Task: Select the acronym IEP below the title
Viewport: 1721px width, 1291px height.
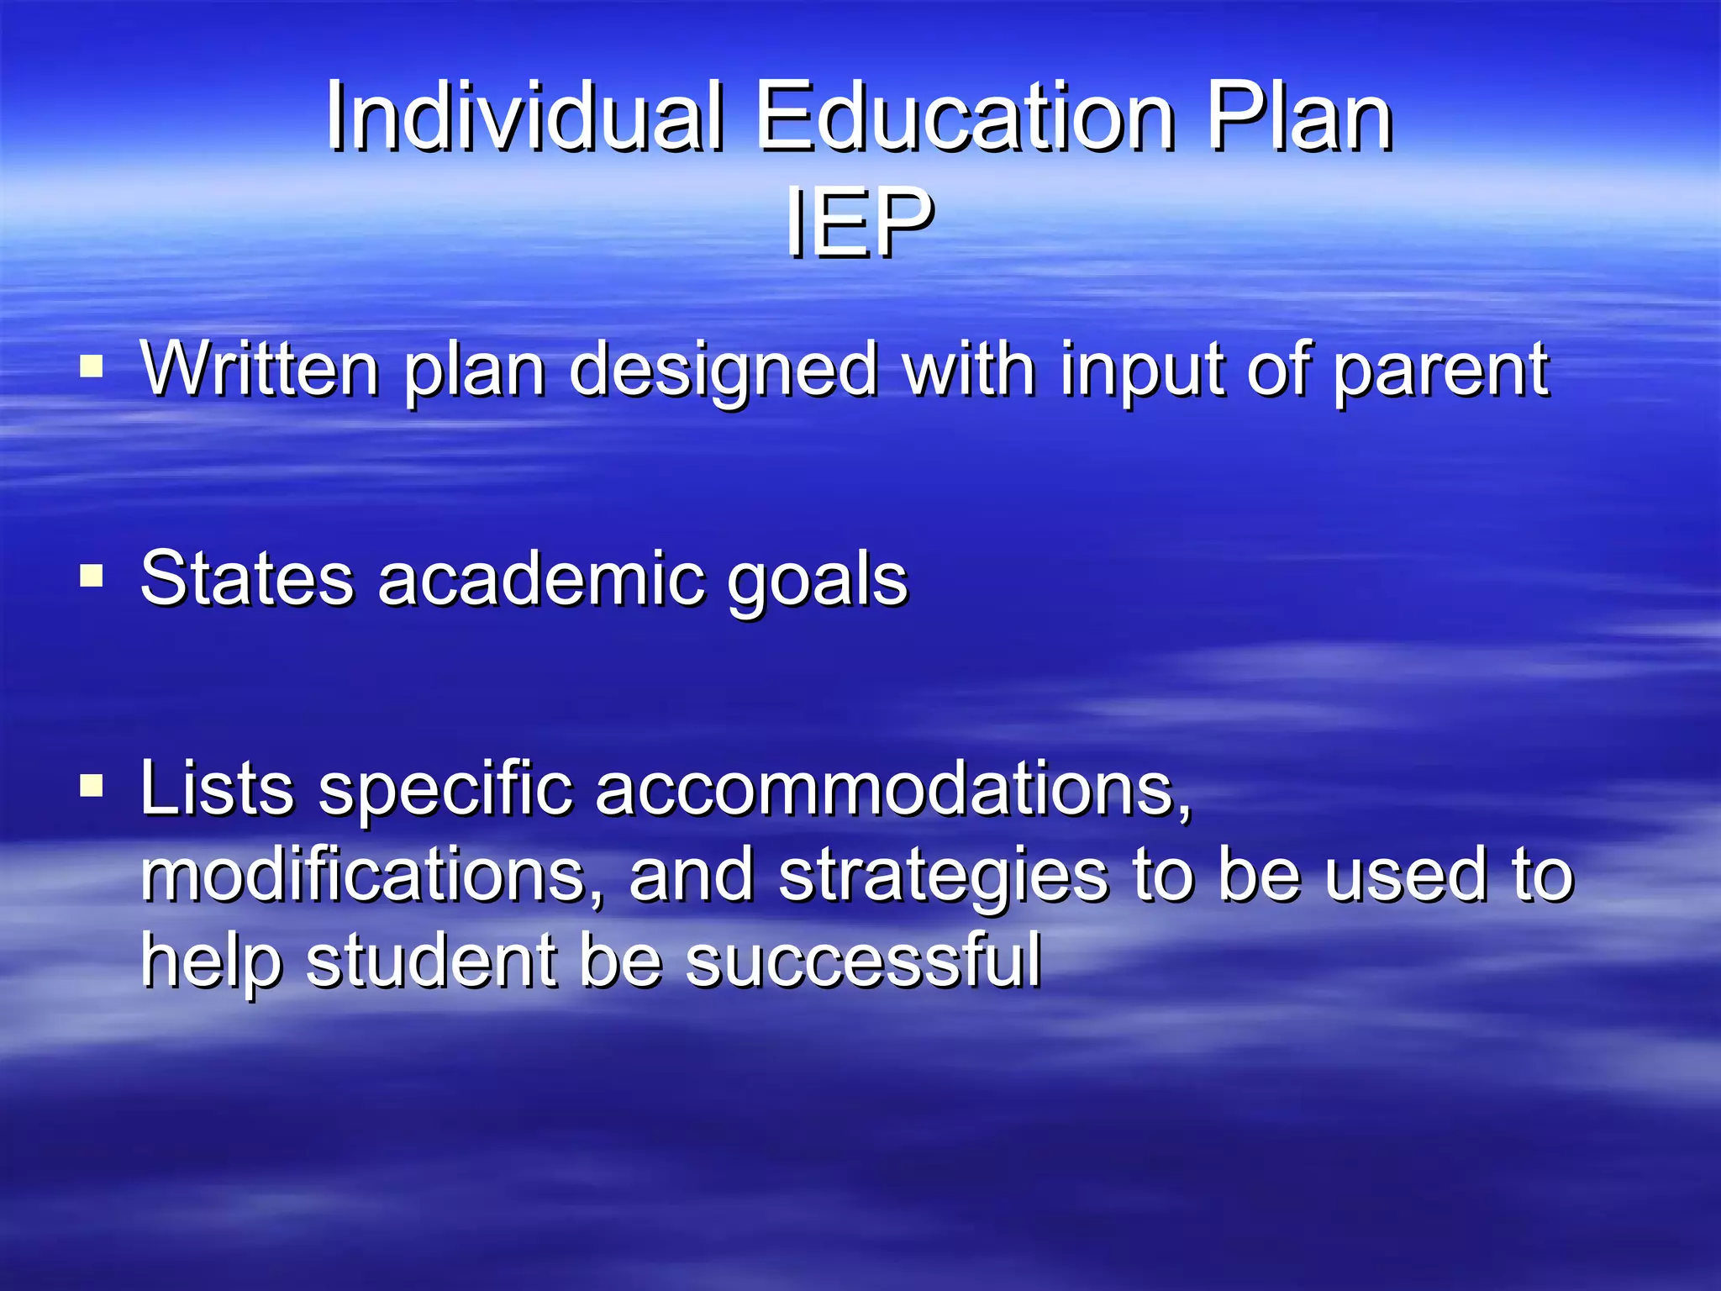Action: click(x=859, y=223)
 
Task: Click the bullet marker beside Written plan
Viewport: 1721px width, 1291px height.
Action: click(x=92, y=367)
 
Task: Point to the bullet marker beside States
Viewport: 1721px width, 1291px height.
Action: click(x=92, y=577)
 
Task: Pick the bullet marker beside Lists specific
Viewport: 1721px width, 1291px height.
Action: click(x=92, y=787)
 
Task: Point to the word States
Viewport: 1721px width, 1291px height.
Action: click(x=247, y=578)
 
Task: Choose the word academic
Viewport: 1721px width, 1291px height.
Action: click(x=541, y=578)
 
